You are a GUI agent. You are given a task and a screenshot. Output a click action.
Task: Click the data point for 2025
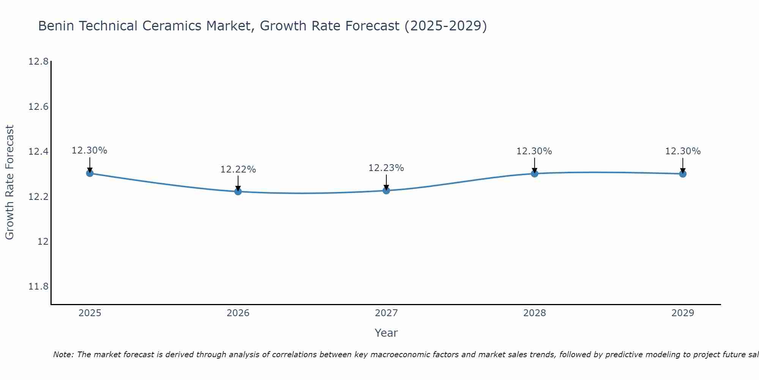pyautogui.click(x=90, y=173)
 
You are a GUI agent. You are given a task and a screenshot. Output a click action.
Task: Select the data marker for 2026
pyautogui.click(x=238, y=191)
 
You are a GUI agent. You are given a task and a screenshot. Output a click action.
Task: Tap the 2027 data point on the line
pyautogui.click(x=386, y=190)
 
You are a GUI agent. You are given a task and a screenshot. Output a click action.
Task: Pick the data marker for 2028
pyautogui.click(x=534, y=174)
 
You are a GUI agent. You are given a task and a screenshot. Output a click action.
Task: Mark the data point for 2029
pyautogui.click(x=683, y=174)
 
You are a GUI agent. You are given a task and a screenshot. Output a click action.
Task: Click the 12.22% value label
pyautogui.click(x=238, y=169)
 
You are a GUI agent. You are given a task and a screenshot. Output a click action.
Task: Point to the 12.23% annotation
pyautogui.click(x=386, y=168)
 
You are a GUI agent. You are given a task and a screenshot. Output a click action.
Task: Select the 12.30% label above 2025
pyautogui.click(x=90, y=150)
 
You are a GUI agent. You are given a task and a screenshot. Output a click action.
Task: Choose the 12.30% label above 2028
pyautogui.click(x=534, y=151)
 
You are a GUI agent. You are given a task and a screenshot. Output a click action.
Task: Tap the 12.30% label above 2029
pyautogui.click(x=683, y=151)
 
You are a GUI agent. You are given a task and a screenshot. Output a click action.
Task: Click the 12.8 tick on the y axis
pyautogui.click(x=39, y=62)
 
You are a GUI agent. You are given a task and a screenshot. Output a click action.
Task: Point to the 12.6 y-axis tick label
pyautogui.click(x=39, y=107)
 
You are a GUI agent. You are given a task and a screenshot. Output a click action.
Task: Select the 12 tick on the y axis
pyautogui.click(x=43, y=242)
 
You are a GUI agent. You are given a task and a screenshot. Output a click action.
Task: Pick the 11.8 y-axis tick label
pyautogui.click(x=39, y=287)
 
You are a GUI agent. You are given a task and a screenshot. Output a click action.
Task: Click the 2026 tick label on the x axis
pyautogui.click(x=238, y=313)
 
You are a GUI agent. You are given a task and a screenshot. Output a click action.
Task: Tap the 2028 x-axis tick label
pyautogui.click(x=534, y=313)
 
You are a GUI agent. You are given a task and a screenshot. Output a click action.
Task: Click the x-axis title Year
pyautogui.click(x=386, y=333)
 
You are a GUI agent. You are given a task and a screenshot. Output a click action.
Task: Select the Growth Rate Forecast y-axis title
pyautogui.click(x=9, y=182)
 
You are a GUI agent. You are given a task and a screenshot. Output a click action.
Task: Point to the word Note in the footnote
pyautogui.click(x=63, y=355)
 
